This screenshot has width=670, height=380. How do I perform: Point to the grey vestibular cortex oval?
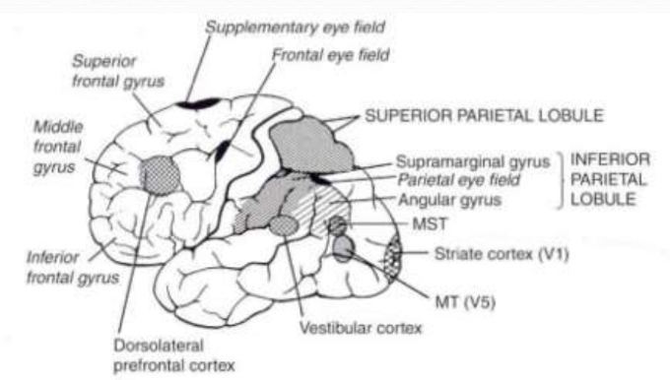pyautogui.click(x=284, y=226)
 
